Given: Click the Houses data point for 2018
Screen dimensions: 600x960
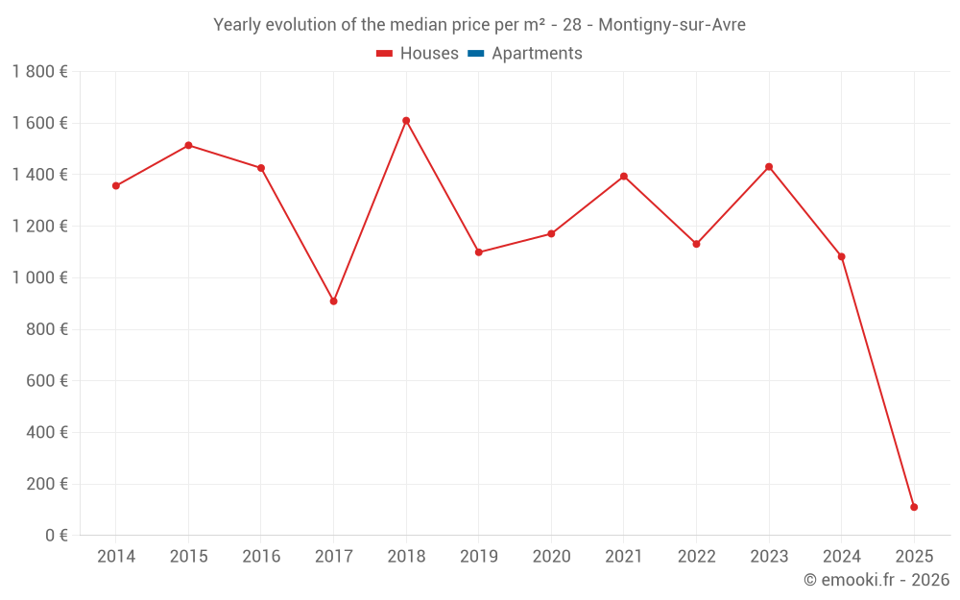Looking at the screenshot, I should (x=406, y=121).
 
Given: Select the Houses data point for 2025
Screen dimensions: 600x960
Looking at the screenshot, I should (x=914, y=507).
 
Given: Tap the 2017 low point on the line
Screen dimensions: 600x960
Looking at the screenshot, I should (x=333, y=301).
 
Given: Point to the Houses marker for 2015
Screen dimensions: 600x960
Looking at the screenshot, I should (x=188, y=145).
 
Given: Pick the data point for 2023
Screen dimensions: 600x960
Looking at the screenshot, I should (x=769, y=167).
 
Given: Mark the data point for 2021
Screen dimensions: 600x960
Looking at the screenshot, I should (x=624, y=177).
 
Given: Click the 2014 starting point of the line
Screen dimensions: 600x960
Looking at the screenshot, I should (x=116, y=186).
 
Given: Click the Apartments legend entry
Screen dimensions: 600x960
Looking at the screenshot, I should (x=537, y=54).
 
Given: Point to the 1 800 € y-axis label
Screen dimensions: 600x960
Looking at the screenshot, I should (x=39, y=72).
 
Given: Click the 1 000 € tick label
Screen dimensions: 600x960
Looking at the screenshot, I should (x=39, y=277).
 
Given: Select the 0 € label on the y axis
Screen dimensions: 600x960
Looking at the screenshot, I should (x=57, y=535).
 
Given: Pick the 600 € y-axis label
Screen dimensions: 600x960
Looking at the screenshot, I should (x=48, y=381).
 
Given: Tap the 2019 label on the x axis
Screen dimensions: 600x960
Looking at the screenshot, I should (x=478, y=557).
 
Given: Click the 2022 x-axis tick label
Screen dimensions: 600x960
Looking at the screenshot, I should (x=696, y=557).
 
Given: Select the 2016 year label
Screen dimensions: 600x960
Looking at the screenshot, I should (x=261, y=557).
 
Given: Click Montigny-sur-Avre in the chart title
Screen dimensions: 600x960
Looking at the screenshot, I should (x=672, y=25).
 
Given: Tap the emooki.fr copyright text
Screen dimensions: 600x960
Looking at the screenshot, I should (x=876, y=580).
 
